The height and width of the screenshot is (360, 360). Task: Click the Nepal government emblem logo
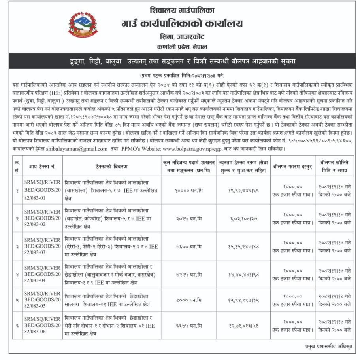[x=83, y=25]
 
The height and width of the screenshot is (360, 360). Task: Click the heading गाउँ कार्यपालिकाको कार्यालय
[x=182, y=24]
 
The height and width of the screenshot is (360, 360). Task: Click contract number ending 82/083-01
[x=42, y=190]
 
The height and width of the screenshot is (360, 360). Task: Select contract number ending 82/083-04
[x=42, y=275]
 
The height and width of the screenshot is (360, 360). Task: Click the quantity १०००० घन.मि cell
[x=189, y=190]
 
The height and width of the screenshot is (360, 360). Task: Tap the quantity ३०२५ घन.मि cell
[x=189, y=218]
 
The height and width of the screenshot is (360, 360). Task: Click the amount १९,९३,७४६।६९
[x=243, y=190]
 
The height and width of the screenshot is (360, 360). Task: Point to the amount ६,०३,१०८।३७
[x=243, y=218]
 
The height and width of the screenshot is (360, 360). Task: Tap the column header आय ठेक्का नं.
[x=42, y=167]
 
